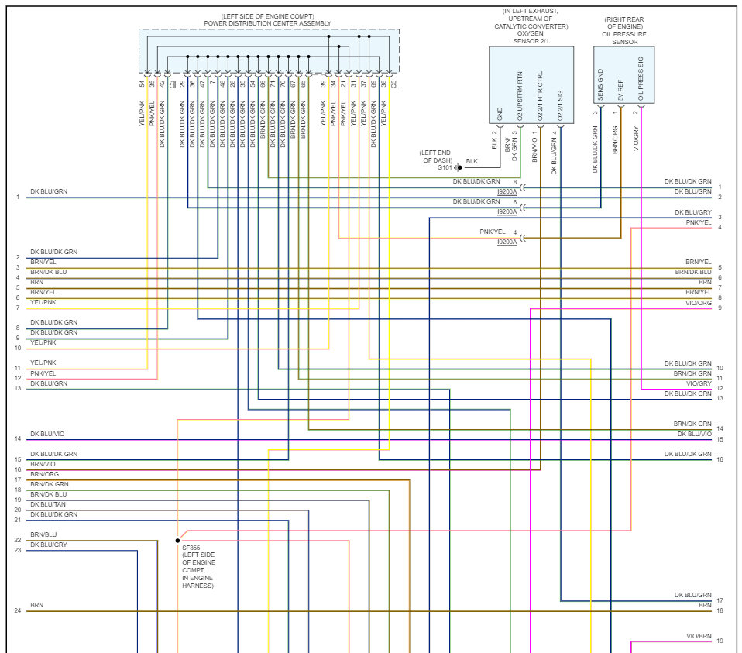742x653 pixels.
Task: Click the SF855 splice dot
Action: pyautogui.click(x=177, y=540)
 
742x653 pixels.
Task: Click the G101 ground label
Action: pyautogui.click(x=445, y=167)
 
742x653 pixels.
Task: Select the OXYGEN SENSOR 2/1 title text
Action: pyautogui.click(x=531, y=38)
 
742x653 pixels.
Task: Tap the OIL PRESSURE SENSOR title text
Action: pyautogui.click(x=623, y=38)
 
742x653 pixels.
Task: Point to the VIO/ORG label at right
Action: pyautogui.click(x=698, y=303)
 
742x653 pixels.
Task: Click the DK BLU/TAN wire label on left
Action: pyautogui.click(x=48, y=504)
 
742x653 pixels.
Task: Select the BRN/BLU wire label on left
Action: pyautogui.click(x=43, y=535)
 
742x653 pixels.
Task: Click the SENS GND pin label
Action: pyautogui.click(x=600, y=85)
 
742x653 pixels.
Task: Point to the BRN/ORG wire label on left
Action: pyautogui.click(x=44, y=474)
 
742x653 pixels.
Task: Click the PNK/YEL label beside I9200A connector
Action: pyautogui.click(x=492, y=232)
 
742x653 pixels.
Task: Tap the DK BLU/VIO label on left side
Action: pyautogui.click(x=47, y=435)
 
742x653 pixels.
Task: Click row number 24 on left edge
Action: pyautogui.click(x=17, y=610)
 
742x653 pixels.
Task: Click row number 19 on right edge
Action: pyautogui.click(x=720, y=641)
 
